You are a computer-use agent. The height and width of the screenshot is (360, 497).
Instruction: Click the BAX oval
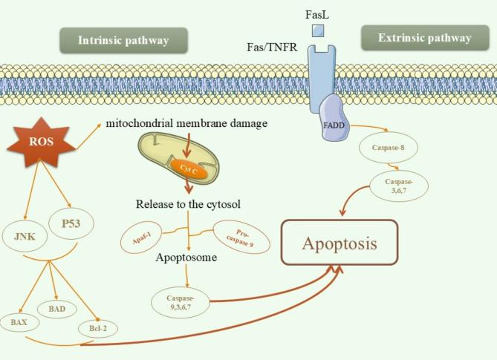point(20,323)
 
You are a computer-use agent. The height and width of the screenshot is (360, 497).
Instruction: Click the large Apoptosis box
point(339,242)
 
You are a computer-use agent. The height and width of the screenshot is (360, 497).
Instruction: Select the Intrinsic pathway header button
point(112,40)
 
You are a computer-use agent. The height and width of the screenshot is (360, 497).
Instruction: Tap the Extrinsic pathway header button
point(424,38)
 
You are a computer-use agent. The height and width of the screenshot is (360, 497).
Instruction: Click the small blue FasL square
point(317,30)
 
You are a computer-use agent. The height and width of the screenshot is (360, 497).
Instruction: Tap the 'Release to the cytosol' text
point(189,203)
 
